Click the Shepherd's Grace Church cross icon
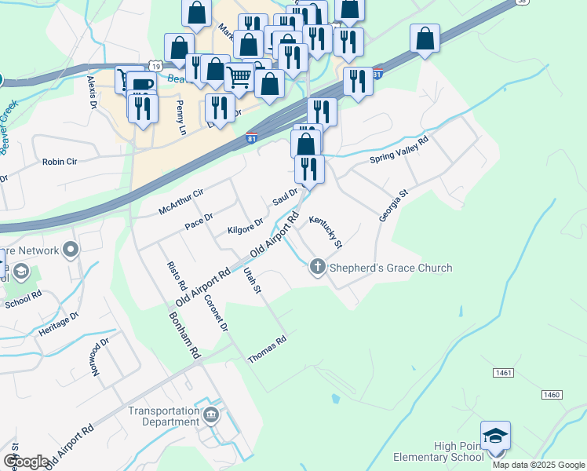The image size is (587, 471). (x=318, y=268)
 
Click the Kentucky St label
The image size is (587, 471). (x=326, y=232)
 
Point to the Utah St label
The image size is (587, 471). (x=252, y=280)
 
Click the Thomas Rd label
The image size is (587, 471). (x=268, y=350)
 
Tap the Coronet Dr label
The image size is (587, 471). (x=216, y=312)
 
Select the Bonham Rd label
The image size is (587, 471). (x=185, y=336)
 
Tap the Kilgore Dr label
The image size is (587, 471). (x=245, y=229)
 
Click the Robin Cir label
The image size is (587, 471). (x=60, y=162)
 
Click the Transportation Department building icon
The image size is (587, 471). (x=210, y=414)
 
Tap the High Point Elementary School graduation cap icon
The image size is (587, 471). (x=496, y=436)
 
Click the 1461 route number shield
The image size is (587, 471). (x=503, y=372)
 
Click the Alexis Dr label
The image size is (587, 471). (x=93, y=92)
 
